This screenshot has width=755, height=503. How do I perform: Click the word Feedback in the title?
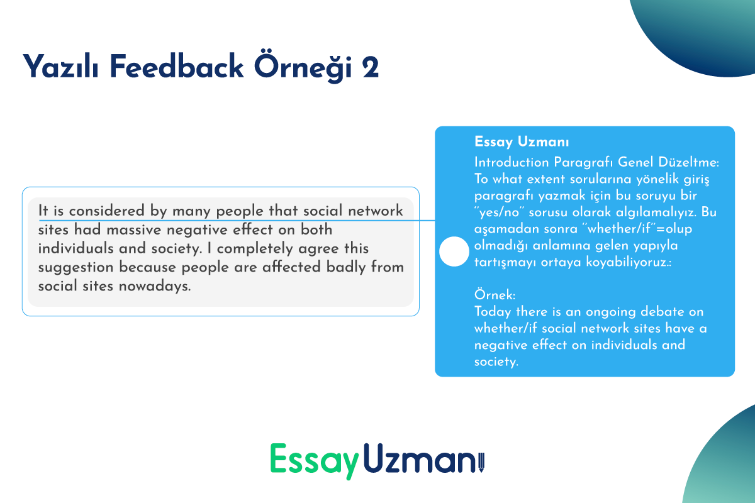[176, 67]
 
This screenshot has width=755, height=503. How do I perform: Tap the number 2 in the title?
[371, 67]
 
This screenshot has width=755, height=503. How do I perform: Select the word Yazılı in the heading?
[60, 67]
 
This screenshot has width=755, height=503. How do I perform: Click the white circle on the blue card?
[454, 251]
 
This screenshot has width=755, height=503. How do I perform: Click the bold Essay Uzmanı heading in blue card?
[522, 142]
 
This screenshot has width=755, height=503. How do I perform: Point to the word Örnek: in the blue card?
[495, 295]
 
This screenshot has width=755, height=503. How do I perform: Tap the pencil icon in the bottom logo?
[481, 462]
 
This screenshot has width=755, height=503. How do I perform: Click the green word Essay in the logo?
[314, 460]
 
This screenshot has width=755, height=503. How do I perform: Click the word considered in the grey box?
[106, 211]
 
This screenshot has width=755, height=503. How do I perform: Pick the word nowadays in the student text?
[155, 286]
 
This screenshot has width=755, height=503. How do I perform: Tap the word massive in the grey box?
[134, 229]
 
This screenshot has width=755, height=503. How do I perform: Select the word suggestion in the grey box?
[76, 267]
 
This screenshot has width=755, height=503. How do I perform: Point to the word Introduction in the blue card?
[512, 162]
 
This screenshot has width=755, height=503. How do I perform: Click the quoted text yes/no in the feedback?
[500, 213]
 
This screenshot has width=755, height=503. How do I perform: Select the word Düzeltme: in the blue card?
[688, 162]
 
